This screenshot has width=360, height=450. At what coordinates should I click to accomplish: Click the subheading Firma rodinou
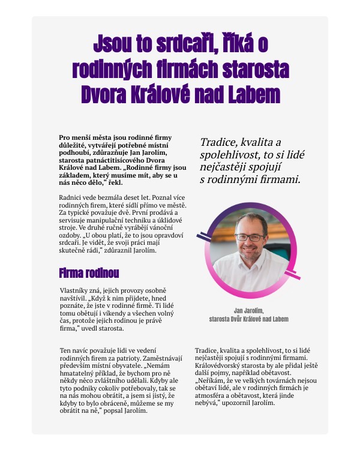[x=89, y=274]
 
